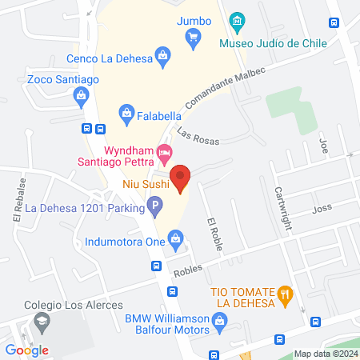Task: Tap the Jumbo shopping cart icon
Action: [x=192, y=36]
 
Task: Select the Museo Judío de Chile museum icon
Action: [x=236, y=20]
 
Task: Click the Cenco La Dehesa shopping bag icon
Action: [x=163, y=55]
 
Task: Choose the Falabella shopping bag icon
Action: [x=126, y=114]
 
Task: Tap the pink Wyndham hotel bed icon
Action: [x=164, y=150]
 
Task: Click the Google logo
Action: [x=27, y=350]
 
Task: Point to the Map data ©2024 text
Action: [x=325, y=353]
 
